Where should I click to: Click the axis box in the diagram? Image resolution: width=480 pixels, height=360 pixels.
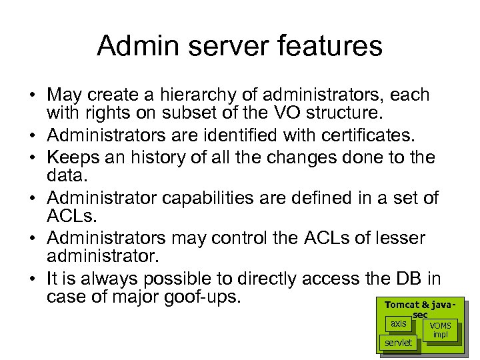pos(398,324)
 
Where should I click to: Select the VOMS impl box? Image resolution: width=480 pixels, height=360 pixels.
pos(440,330)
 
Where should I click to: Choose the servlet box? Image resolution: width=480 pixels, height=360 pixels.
pos(398,343)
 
